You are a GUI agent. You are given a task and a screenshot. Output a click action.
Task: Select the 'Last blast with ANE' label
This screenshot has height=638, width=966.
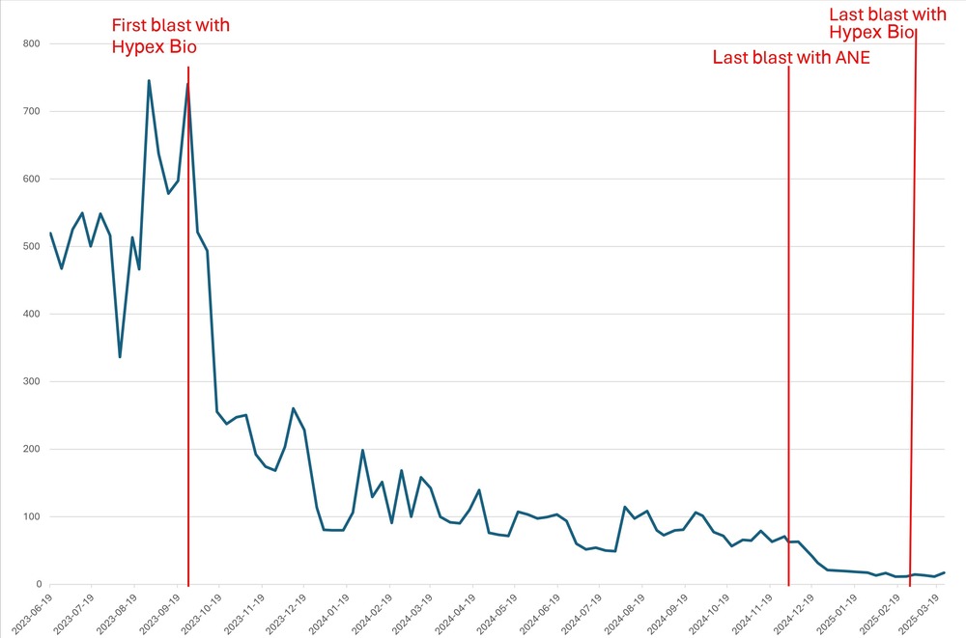(791, 57)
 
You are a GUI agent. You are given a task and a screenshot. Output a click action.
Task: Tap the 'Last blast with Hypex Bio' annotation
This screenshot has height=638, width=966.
(888, 23)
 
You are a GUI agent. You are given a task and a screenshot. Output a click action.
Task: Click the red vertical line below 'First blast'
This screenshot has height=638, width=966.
(188, 386)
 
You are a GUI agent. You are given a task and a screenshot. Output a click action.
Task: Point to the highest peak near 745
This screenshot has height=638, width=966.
(149, 81)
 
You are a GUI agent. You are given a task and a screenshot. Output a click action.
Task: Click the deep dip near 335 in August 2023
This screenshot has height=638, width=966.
(120, 357)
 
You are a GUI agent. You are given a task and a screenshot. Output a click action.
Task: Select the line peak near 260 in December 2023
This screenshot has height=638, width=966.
(293, 408)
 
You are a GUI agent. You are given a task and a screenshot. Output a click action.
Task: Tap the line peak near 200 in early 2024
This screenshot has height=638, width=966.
(362, 450)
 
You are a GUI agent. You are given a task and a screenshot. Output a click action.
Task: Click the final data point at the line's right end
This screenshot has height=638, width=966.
(944, 572)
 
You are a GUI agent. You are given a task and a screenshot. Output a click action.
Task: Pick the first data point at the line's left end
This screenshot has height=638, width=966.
(50, 233)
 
